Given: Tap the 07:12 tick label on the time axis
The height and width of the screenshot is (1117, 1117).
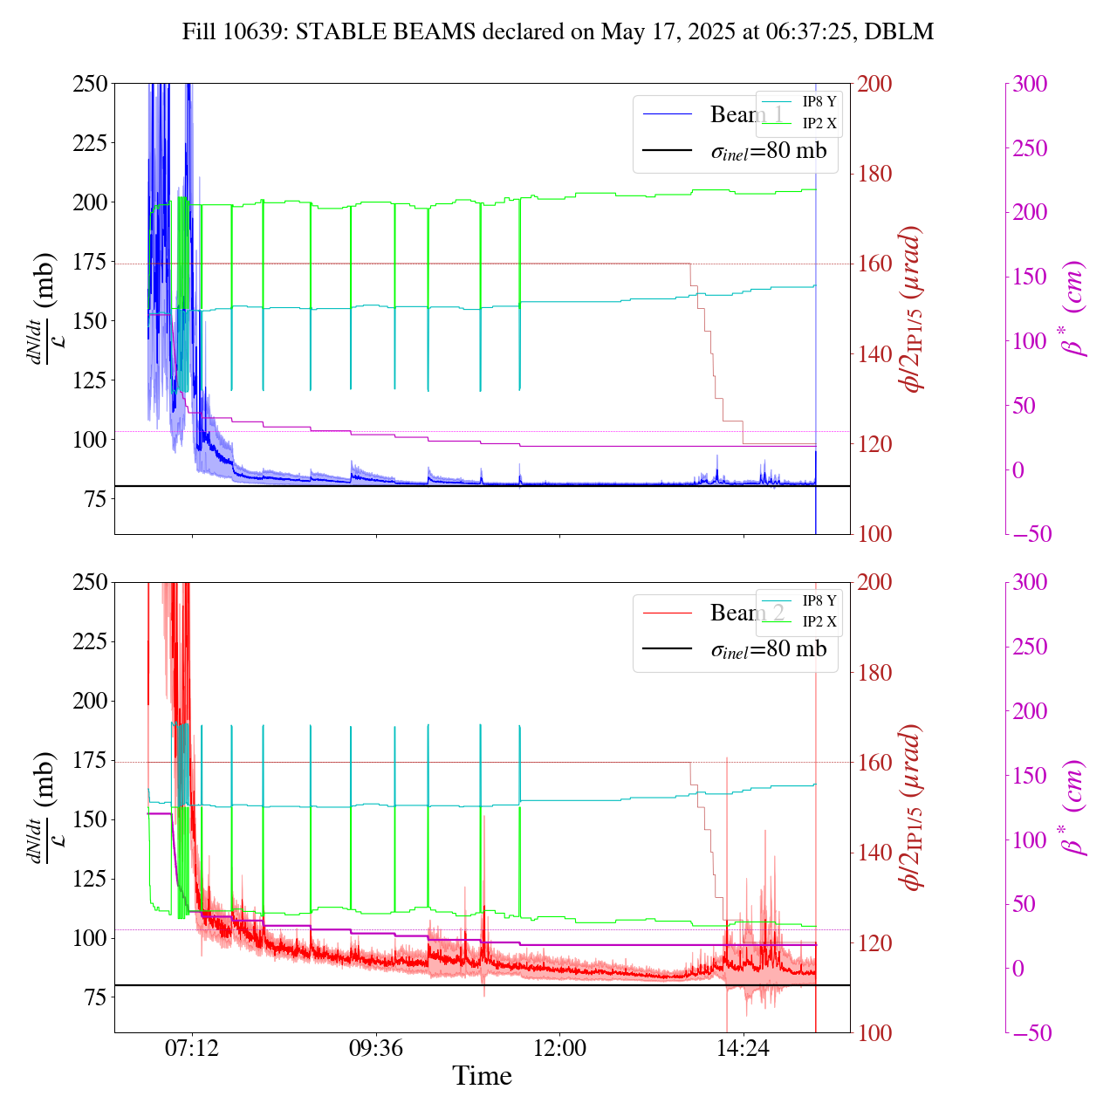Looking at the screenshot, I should [192, 1047].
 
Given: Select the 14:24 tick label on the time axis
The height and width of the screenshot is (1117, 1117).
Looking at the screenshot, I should [743, 1047].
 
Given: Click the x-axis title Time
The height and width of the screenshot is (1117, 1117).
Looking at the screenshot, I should [482, 1076].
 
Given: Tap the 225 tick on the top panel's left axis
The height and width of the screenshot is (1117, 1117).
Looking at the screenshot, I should [90, 143].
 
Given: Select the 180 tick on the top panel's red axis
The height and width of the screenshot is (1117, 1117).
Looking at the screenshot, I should [875, 174].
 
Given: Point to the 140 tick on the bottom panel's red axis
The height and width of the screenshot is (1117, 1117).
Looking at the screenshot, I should [875, 853].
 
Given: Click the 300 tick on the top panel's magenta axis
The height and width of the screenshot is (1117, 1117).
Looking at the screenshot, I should [1030, 84].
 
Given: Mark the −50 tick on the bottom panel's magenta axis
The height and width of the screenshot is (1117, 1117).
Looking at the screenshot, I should [1030, 1033].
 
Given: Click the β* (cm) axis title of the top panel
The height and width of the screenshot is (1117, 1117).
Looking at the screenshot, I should [1074, 308].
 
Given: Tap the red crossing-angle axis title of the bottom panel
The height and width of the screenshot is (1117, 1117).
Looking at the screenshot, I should [913, 807].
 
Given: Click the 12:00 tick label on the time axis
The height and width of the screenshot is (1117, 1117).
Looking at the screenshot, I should [559, 1047].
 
